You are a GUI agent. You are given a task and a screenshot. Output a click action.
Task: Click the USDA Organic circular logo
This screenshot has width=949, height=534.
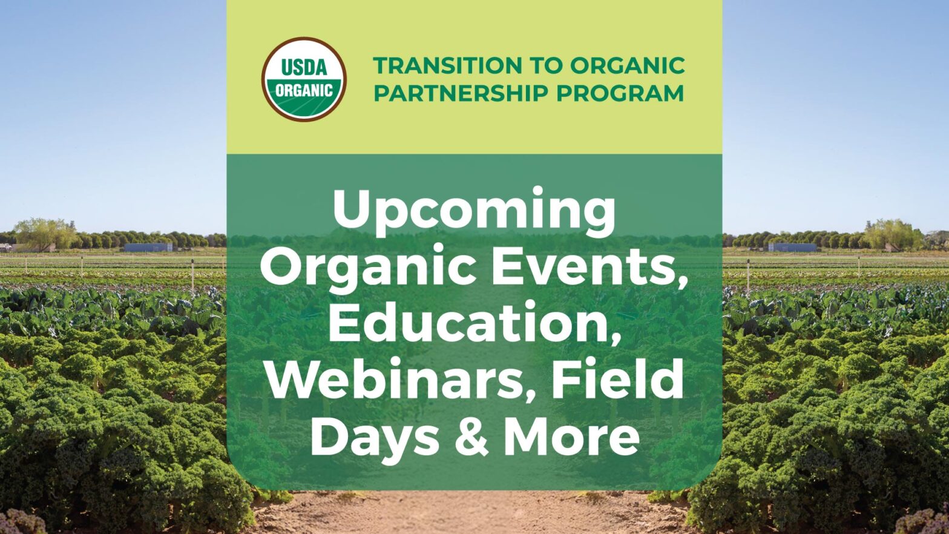point(304,79)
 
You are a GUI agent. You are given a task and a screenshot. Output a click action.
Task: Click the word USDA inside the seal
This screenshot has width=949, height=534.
point(304,67)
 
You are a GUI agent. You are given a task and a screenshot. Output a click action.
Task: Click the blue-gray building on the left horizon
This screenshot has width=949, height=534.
point(148,247)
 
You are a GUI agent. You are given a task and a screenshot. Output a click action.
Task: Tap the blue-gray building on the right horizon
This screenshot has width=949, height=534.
point(792,247)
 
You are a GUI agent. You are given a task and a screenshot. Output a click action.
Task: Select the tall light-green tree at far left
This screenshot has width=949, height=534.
point(44,234)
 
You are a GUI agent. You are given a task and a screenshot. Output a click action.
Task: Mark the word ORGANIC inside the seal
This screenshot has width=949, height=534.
point(304,91)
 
